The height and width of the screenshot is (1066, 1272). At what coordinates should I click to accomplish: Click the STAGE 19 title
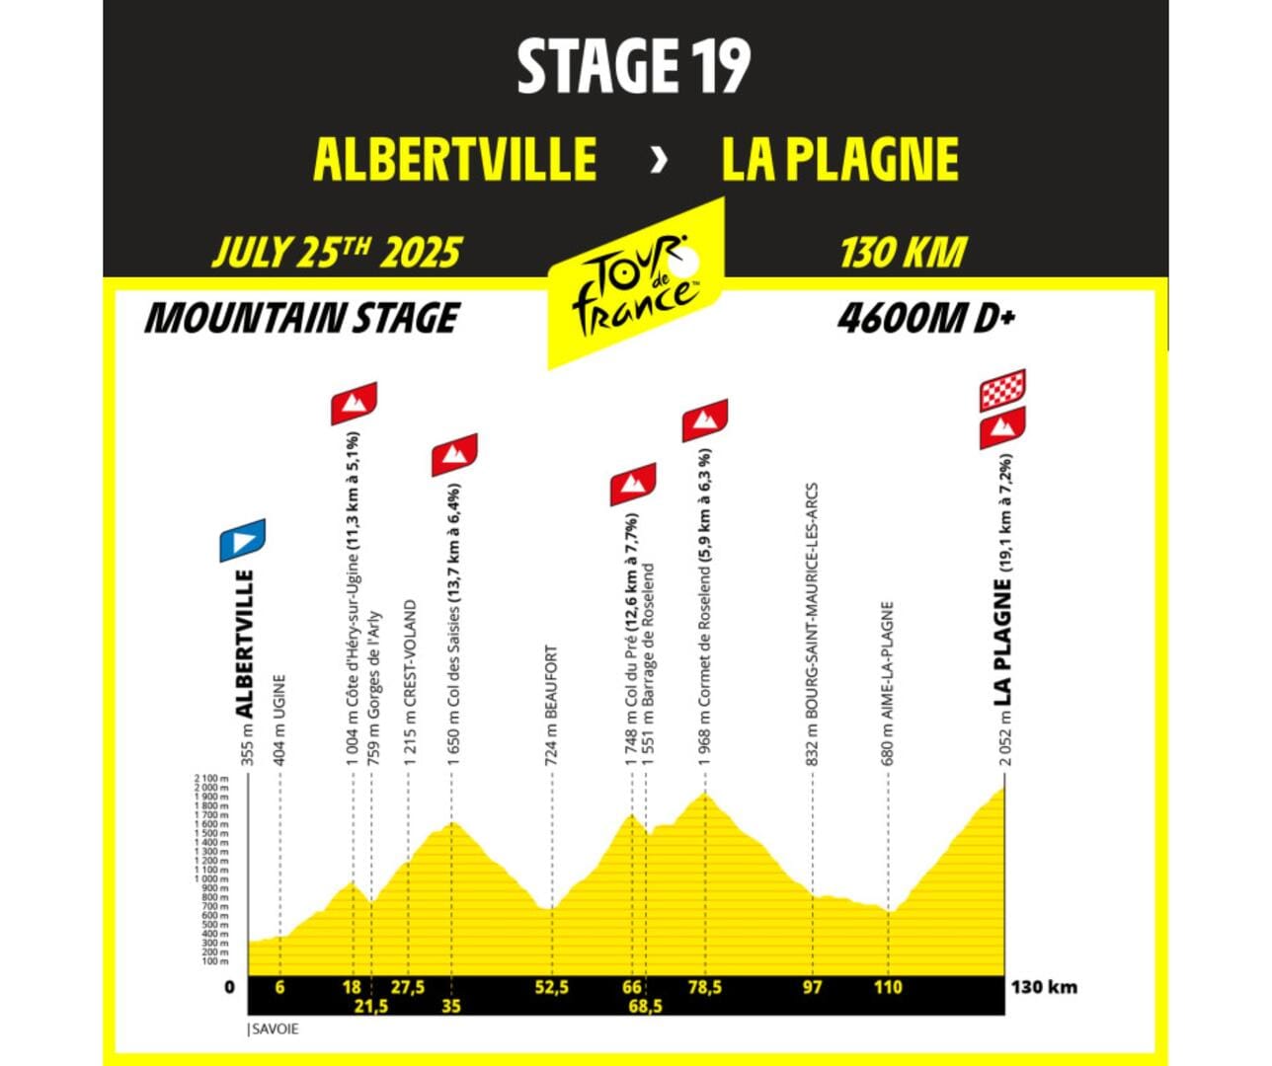point(634,66)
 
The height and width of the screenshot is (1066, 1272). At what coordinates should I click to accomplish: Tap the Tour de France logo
point(636,285)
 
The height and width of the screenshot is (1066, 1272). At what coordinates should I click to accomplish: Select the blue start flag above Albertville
point(243,539)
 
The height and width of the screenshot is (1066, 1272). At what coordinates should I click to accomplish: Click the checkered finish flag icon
point(1002,391)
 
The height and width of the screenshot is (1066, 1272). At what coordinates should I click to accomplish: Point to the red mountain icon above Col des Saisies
point(454,454)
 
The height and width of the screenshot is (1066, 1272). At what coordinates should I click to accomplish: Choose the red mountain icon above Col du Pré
point(633,484)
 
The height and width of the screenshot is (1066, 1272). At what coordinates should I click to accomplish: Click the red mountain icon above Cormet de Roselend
point(705,420)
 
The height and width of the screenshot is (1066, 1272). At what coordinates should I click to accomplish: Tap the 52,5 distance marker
point(551,986)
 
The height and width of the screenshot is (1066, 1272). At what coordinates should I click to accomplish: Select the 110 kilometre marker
point(888,986)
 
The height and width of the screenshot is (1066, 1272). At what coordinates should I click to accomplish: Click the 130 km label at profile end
point(1044,986)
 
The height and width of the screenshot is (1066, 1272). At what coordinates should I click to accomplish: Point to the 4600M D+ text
point(926,318)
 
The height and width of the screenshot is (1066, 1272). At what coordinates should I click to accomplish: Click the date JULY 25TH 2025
point(337,253)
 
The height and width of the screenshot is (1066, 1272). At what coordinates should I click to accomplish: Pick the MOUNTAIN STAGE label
point(302,318)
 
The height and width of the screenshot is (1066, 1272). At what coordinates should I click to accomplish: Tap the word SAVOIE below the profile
point(275,1028)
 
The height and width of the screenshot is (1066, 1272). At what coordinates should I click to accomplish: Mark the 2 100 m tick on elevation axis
point(211,779)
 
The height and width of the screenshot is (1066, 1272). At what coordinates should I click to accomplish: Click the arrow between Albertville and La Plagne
point(659,160)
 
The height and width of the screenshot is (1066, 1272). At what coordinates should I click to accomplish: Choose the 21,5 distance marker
point(371,1006)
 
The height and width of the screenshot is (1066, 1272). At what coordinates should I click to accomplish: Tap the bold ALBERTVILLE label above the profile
point(244,643)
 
